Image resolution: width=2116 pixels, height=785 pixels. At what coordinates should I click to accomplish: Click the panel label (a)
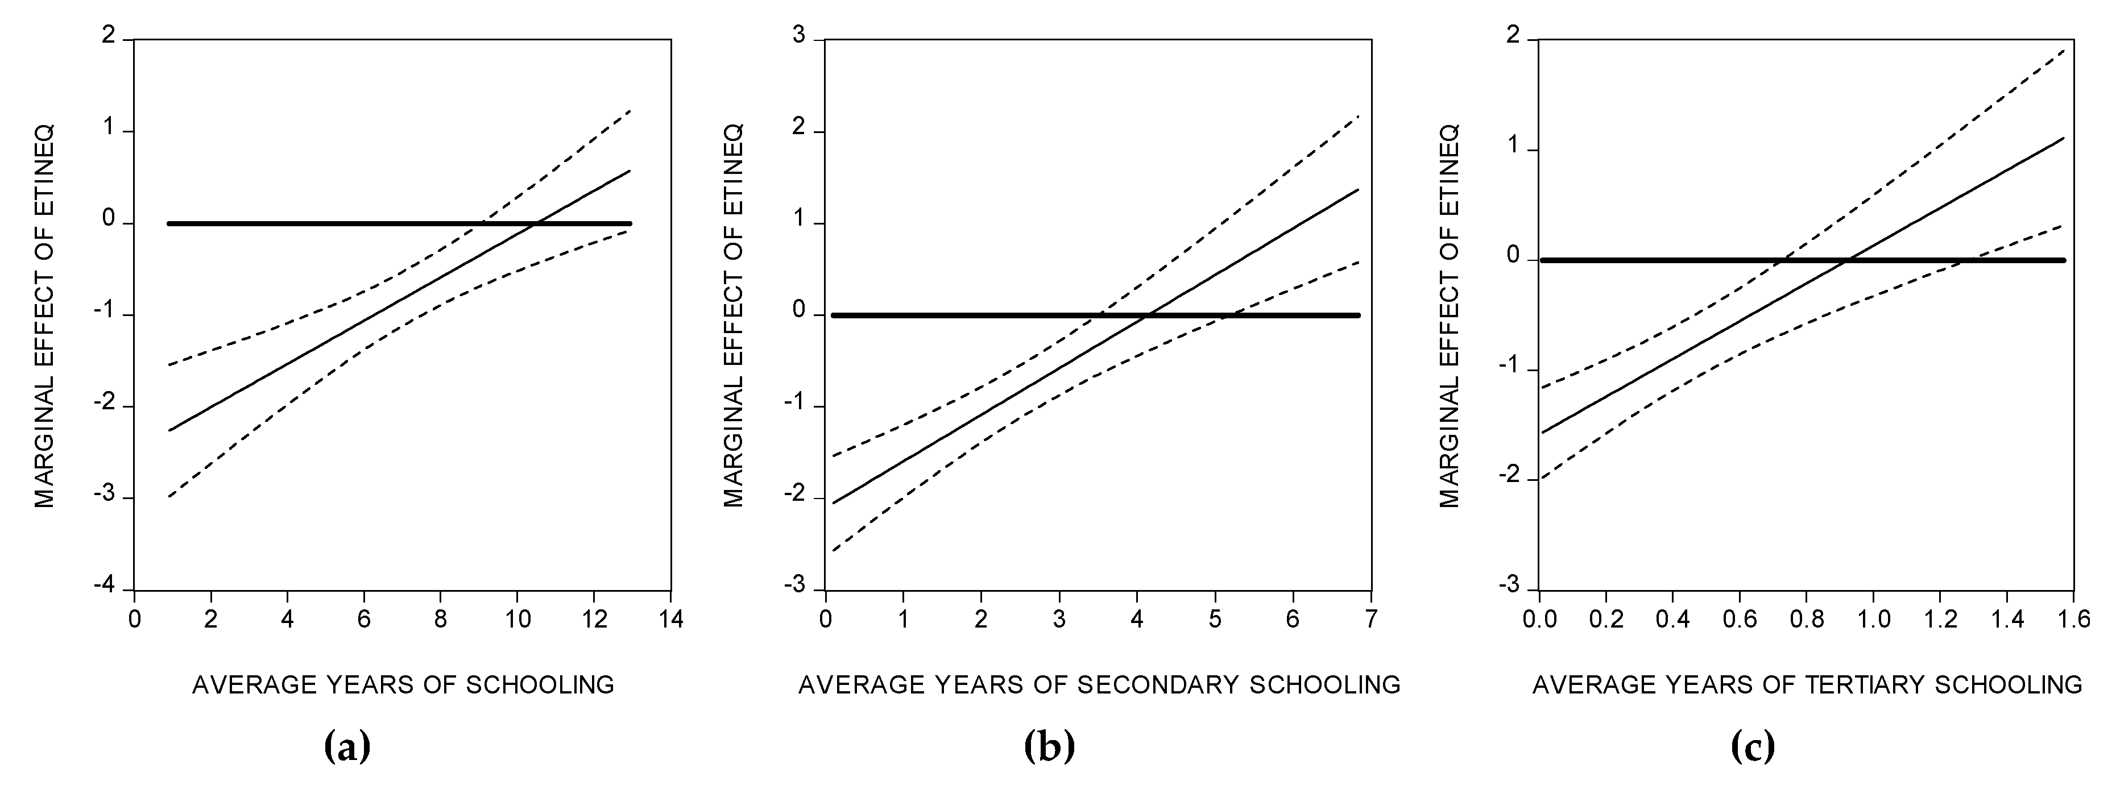[x=348, y=747]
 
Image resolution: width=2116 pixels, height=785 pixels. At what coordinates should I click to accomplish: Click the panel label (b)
[x=1050, y=747]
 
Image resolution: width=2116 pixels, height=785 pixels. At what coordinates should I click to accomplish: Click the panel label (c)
[x=1752, y=747]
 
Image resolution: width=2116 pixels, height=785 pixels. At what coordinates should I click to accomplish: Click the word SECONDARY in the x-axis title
[x=1158, y=684]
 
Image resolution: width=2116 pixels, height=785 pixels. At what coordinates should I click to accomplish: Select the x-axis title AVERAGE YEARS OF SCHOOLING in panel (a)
[x=403, y=684]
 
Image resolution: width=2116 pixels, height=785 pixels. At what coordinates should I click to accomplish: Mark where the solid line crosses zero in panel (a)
[x=535, y=223]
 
